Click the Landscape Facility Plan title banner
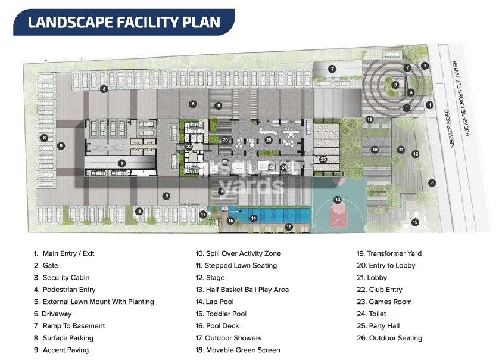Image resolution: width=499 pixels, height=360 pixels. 124,23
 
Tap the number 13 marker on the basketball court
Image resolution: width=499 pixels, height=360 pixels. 338,200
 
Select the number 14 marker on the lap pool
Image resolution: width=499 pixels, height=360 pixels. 254,219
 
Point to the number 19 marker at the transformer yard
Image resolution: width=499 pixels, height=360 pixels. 415,222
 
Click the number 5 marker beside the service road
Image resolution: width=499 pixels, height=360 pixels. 432,182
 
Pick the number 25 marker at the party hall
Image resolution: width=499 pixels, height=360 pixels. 323,159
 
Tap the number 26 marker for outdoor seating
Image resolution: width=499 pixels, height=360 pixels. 269,140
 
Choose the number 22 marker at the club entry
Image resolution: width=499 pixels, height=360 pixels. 189,146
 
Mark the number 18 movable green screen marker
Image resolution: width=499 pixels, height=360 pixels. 370,120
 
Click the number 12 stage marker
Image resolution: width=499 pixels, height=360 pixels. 416,154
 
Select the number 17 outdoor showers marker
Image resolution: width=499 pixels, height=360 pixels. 203,215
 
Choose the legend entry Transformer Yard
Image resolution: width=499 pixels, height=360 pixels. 392,253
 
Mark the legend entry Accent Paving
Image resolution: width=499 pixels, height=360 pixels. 65,350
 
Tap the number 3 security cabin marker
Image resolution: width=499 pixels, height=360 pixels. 395,85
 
